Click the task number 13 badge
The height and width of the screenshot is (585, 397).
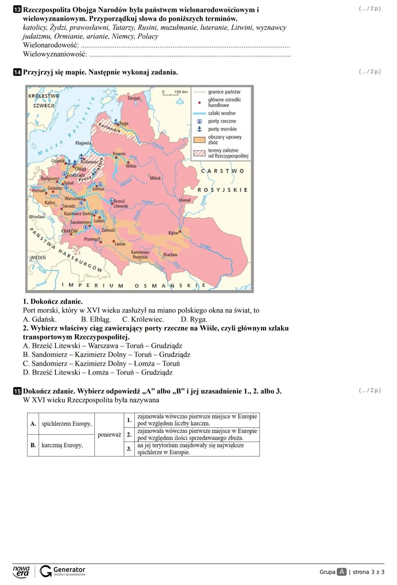click(x=17, y=10)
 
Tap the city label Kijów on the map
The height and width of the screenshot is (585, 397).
click(x=173, y=233)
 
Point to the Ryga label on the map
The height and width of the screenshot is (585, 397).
click(x=124, y=123)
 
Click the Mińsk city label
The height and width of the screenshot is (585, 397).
click(x=155, y=178)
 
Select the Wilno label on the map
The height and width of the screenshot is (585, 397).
click(x=131, y=166)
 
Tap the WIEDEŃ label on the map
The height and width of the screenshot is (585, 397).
click(x=38, y=258)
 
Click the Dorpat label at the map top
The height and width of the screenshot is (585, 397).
click(x=134, y=98)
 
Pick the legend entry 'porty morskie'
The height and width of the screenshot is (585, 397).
click(x=222, y=129)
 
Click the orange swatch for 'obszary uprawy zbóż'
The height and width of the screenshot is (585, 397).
click(x=199, y=140)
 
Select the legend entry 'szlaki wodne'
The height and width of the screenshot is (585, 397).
click(x=222, y=113)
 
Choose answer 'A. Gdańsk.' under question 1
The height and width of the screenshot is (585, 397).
click(x=40, y=319)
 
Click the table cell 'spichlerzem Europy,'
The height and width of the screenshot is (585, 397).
click(x=67, y=424)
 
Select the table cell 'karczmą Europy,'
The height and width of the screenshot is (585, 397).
click(x=62, y=445)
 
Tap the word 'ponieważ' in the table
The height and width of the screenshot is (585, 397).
click(x=109, y=435)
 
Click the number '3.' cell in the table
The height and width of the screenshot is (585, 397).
click(x=129, y=449)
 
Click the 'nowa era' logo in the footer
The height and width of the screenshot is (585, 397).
click(x=21, y=571)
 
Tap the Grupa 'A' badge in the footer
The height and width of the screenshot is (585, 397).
click(x=342, y=572)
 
